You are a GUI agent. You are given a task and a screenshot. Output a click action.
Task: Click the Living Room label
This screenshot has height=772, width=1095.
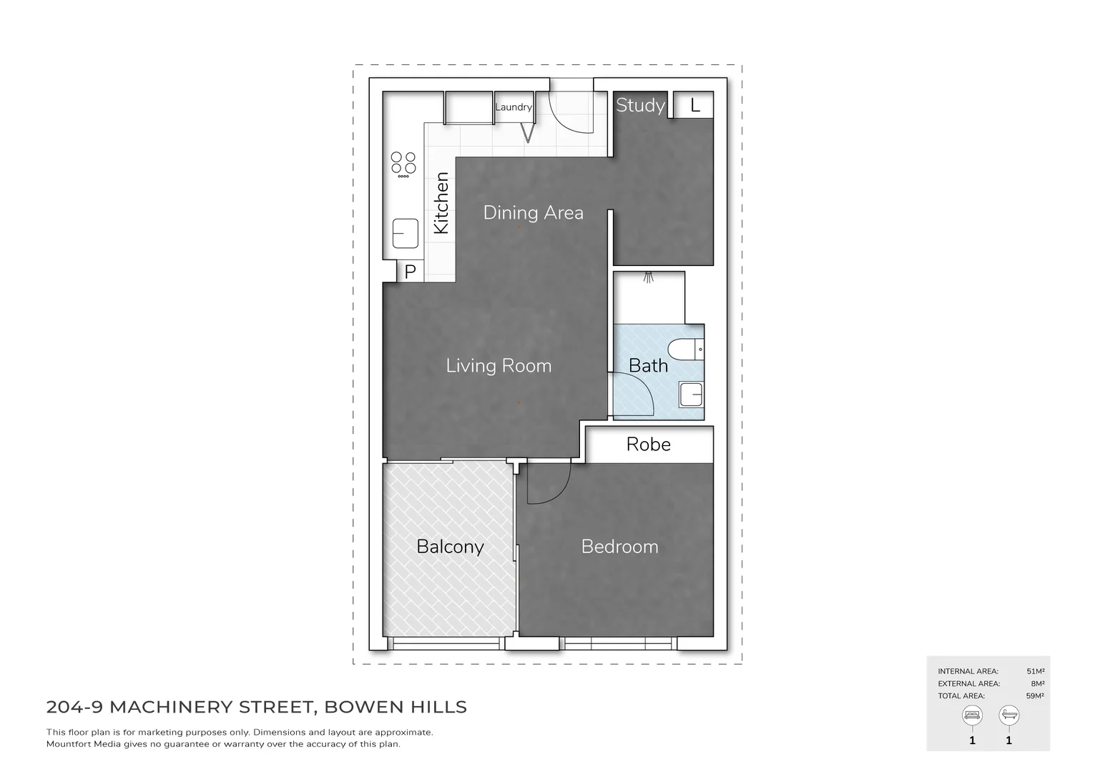[x=499, y=366]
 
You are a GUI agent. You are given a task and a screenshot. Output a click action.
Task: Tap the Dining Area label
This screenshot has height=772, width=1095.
[x=533, y=212]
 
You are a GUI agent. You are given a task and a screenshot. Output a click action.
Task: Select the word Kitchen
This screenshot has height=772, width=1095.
[x=442, y=203]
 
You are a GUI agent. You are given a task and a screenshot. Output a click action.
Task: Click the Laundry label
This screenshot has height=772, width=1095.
[x=513, y=107]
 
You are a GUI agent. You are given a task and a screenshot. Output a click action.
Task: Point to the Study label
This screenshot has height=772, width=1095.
[x=640, y=105]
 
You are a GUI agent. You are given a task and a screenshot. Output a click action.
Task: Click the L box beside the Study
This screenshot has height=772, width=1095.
[x=694, y=106]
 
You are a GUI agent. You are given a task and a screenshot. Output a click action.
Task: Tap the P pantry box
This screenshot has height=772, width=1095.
[x=411, y=272]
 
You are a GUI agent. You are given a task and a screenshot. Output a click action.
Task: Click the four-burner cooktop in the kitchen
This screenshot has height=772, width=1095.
[x=403, y=164]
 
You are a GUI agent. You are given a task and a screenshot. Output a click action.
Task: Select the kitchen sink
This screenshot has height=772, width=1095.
[x=406, y=233]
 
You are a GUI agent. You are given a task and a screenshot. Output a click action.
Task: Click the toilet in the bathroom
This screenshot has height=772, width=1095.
[x=685, y=350]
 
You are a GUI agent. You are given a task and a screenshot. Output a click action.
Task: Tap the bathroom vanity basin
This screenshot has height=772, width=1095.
[x=691, y=395]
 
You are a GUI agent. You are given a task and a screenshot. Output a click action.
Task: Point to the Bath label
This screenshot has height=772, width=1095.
[x=648, y=366]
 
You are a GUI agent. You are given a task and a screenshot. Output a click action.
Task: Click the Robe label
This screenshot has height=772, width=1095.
[x=648, y=444]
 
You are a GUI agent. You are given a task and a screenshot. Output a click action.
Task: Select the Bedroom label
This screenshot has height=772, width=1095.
[x=619, y=547]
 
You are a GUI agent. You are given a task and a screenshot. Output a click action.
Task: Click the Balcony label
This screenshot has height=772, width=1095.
[x=450, y=547]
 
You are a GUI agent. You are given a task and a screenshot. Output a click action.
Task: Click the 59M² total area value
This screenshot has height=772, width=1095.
[x=1035, y=696]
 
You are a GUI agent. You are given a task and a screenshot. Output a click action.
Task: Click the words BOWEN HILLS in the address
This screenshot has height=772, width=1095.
[x=396, y=708]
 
